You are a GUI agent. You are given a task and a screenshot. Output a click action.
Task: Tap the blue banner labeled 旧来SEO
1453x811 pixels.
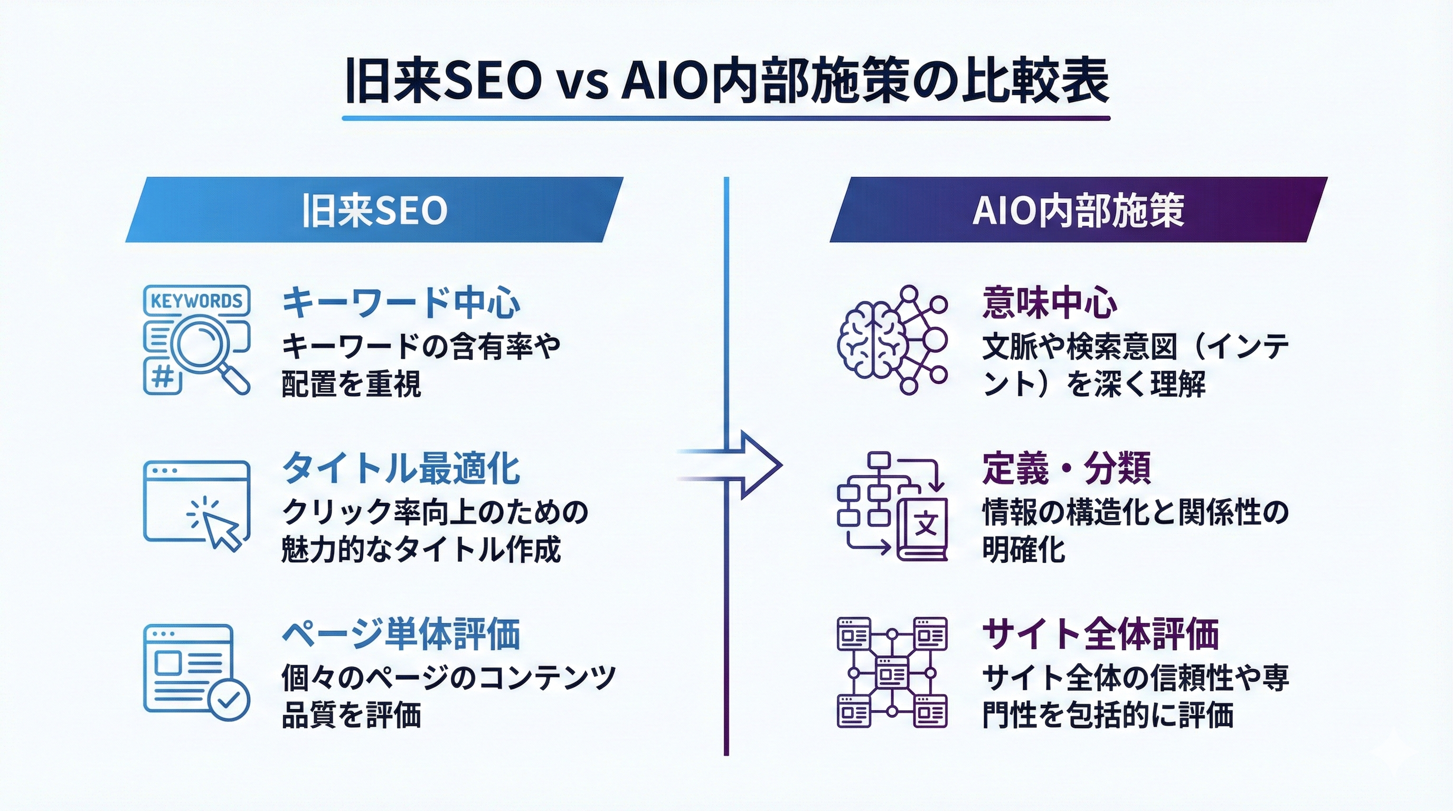[374, 210]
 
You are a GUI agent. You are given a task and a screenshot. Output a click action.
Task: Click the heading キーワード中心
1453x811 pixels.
[401, 303]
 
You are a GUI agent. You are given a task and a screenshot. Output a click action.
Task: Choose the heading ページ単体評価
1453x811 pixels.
[401, 634]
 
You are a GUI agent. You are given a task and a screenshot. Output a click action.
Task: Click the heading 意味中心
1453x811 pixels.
[1049, 303]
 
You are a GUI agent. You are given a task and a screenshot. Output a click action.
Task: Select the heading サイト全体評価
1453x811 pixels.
[1100, 634]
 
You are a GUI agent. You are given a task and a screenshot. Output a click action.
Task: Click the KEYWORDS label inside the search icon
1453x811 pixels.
[196, 300]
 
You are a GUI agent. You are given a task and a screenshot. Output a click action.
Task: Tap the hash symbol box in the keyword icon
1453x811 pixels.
[163, 375]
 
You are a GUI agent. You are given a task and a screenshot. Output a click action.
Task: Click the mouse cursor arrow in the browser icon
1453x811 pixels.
[222, 529]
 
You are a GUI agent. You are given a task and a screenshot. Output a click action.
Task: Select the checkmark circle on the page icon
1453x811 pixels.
[229, 700]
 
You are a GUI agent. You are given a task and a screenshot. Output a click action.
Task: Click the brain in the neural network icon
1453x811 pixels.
[870, 340]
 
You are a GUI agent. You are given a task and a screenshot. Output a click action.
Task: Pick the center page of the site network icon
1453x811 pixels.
[891, 673]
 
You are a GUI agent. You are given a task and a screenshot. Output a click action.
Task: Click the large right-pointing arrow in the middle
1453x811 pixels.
[744, 465]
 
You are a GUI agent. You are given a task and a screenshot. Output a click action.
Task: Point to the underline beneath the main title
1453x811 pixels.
[726, 118]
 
